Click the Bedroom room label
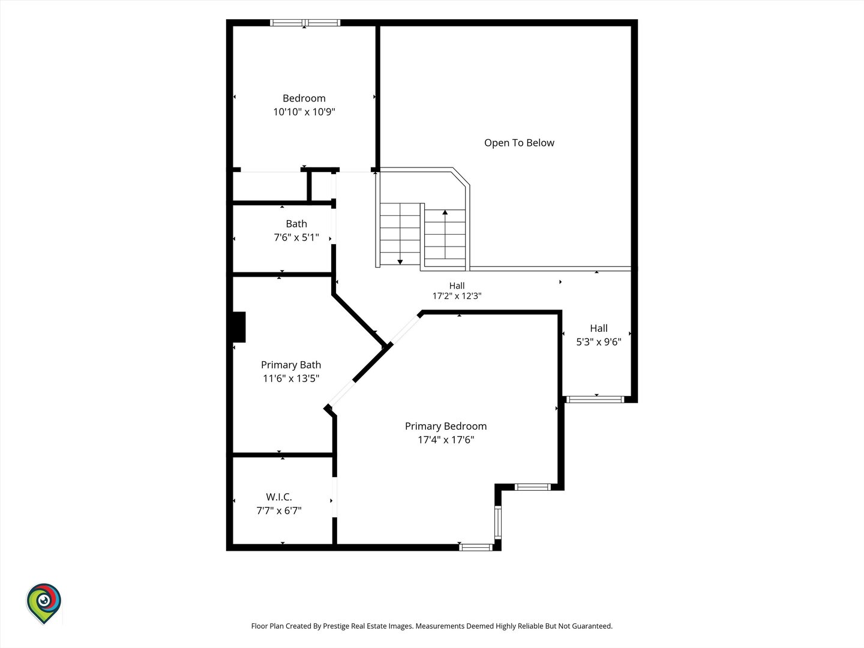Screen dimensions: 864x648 pos(304,98)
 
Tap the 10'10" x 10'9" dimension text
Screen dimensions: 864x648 pos(304,112)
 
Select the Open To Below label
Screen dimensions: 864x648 pos(519,143)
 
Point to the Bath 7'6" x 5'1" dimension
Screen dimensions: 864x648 pos(296,237)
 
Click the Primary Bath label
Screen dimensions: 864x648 pos(291,365)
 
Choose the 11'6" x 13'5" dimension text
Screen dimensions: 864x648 pos(291,379)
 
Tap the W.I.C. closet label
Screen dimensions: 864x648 pos(279,497)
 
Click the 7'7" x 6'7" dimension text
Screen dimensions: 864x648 pos(279,511)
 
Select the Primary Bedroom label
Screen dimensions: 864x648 pos(446,427)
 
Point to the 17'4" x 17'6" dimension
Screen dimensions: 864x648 pos(446,440)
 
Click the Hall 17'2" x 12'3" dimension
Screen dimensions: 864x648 pos(457,296)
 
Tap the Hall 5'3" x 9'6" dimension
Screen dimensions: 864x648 pos(599,342)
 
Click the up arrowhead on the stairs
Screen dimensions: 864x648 pos(445,212)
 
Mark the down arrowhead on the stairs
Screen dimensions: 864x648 pos(400,262)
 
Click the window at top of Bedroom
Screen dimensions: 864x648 pos(305,23)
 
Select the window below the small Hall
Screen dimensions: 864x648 pos(595,400)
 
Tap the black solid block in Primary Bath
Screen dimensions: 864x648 pos(239,327)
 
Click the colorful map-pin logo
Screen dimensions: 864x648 pos(44,604)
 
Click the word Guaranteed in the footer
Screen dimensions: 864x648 pos(592,626)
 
